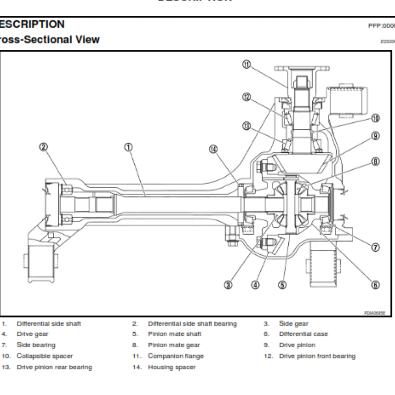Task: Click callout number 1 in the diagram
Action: point(128,147)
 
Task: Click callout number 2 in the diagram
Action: point(43,147)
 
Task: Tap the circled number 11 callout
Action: point(247,64)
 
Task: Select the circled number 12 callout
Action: point(247,97)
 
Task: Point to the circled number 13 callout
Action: point(247,126)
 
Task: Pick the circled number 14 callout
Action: point(213,150)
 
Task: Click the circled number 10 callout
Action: point(376,118)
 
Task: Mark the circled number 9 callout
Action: point(376,135)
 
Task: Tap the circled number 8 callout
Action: point(376,161)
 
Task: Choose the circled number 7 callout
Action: point(376,246)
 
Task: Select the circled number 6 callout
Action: point(376,284)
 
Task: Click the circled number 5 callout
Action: point(282,284)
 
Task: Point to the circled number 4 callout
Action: point(255,284)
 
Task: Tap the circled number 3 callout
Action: point(229,284)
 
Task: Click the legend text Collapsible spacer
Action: point(44,356)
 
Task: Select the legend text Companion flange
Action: point(175,356)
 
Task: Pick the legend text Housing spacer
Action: point(172,367)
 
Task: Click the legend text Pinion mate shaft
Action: point(174,334)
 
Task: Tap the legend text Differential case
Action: point(303,334)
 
